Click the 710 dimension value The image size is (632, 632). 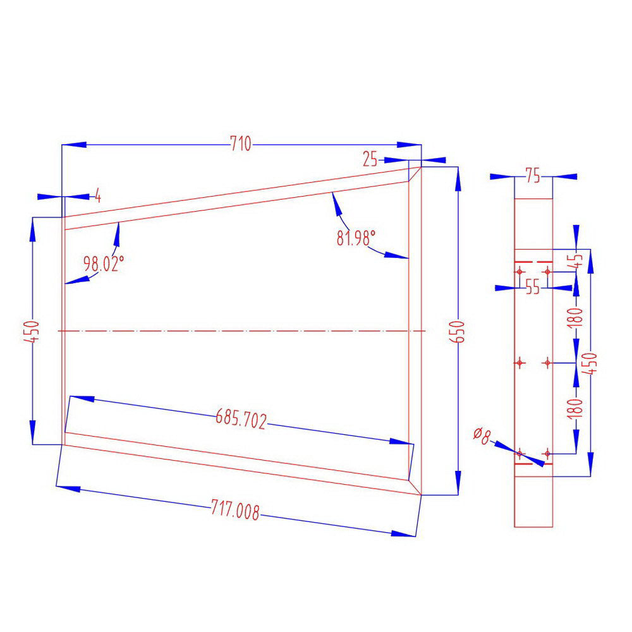click(240, 145)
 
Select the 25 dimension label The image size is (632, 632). click(370, 160)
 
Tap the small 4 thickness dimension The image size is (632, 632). click(97, 195)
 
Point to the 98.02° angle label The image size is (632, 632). click(100, 264)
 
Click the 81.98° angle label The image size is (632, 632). click(356, 238)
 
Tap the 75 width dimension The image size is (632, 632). click(533, 177)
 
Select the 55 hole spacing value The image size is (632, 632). click(532, 288)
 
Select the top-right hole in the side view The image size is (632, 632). click(547, 271)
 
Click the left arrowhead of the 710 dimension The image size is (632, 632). click(73, 145)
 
